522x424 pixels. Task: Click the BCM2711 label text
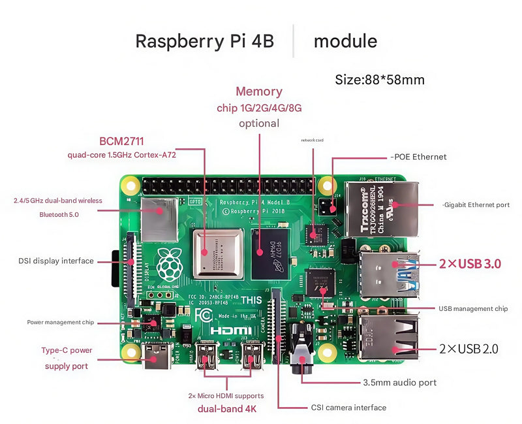[x=121, y=141]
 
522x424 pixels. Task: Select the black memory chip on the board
[x=270, y=252]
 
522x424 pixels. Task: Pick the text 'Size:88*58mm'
[x=380, y=80]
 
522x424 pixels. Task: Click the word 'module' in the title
[x=345, y=41]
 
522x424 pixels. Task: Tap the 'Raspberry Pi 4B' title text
[x=204, y=41]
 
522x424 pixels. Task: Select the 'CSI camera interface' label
[x=348, y=408]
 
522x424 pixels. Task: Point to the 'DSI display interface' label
[x=56, y=261]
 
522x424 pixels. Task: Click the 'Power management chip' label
[x=61, y=322]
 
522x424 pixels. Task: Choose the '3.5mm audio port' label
[x=399, y=382]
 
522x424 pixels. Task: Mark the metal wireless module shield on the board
[x=159, y=220]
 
